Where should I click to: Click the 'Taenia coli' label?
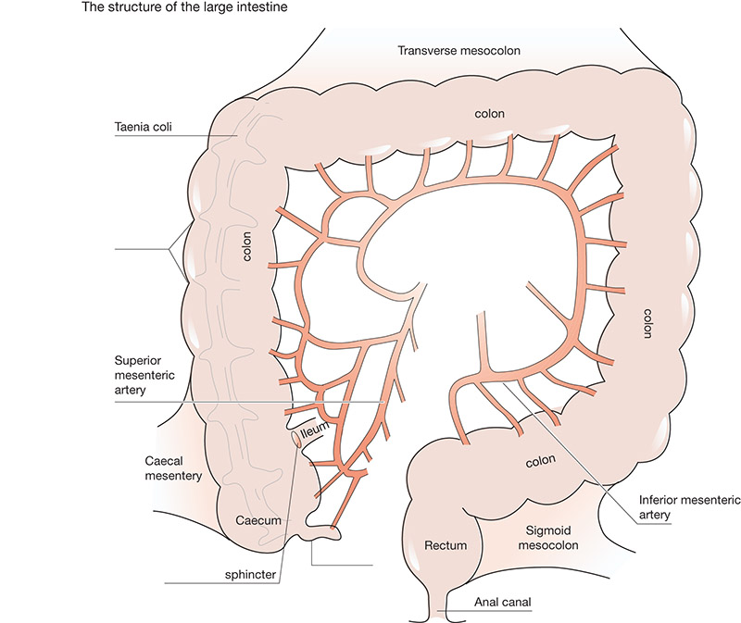coord(143,127)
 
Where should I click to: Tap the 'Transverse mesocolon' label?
coord(458,51)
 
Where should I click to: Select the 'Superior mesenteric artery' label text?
coord(144,375)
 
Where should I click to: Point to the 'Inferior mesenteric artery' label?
coord(689,507)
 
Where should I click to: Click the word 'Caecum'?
coord(258,520)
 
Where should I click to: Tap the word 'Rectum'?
coord(446,545)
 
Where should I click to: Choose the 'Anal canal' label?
coord(502,603)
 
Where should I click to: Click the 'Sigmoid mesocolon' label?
coord(548,538)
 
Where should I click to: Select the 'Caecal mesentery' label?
coord(173,468)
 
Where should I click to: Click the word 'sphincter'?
coord(250,575)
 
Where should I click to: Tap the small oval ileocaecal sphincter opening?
coord(296,439)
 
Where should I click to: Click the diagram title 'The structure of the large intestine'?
coord(184,7)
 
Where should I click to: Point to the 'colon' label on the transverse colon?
coord(490,114)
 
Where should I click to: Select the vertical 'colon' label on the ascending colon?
coord(246,246)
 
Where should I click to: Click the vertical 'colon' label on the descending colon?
coord(647,323)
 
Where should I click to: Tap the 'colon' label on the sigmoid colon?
coord(540,461)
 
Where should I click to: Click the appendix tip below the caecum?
coord(326,534)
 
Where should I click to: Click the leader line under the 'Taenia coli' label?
coord(176,136)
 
